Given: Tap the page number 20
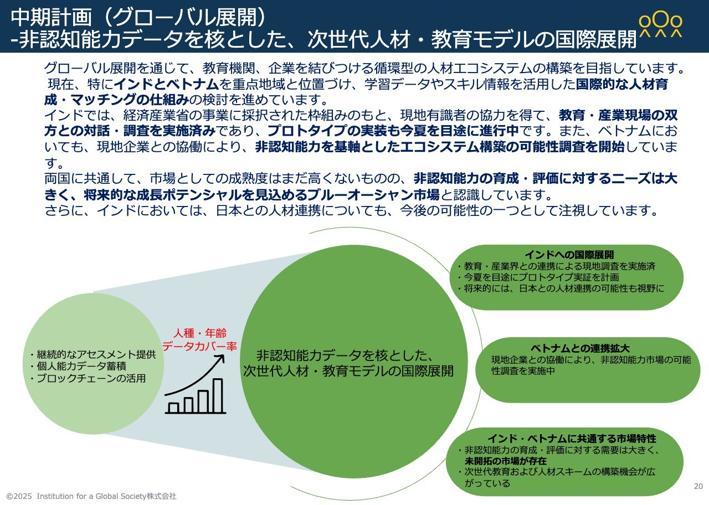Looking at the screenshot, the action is pos(698,486).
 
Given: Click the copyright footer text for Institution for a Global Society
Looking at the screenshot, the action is pos(91,496).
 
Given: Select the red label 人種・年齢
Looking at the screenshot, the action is pos(200,333).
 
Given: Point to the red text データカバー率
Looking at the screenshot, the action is pos(200,346).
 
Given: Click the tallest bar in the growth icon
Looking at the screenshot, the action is pos(218,395).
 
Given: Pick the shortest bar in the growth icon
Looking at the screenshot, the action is pos(173,408).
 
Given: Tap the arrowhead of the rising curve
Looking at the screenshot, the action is pos(220,358).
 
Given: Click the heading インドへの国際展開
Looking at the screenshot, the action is pos(569,254).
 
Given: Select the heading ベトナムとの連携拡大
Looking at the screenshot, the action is pos(580,348).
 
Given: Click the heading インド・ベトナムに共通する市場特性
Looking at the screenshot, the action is pos(572,439).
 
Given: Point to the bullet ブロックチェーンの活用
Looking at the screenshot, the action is pos(88,378).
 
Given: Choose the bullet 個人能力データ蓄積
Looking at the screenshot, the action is pos(79,366).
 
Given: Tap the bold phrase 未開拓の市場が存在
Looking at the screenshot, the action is pos(506,461).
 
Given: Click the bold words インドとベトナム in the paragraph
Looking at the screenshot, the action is pos(166,84).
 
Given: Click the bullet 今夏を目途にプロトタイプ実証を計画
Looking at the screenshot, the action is pos(538,277).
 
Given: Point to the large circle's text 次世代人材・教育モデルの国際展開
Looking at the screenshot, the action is pos(348,371).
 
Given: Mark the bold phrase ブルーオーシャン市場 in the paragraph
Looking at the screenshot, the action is pos(373,195).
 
